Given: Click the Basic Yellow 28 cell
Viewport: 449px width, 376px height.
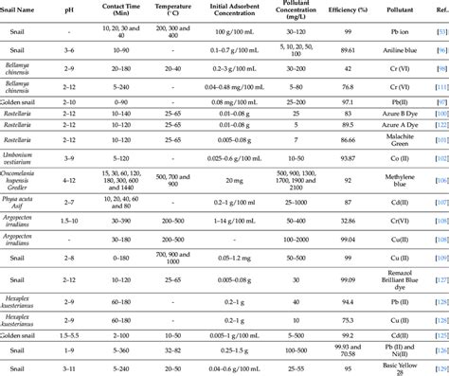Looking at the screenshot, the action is [x=399, y=367].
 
